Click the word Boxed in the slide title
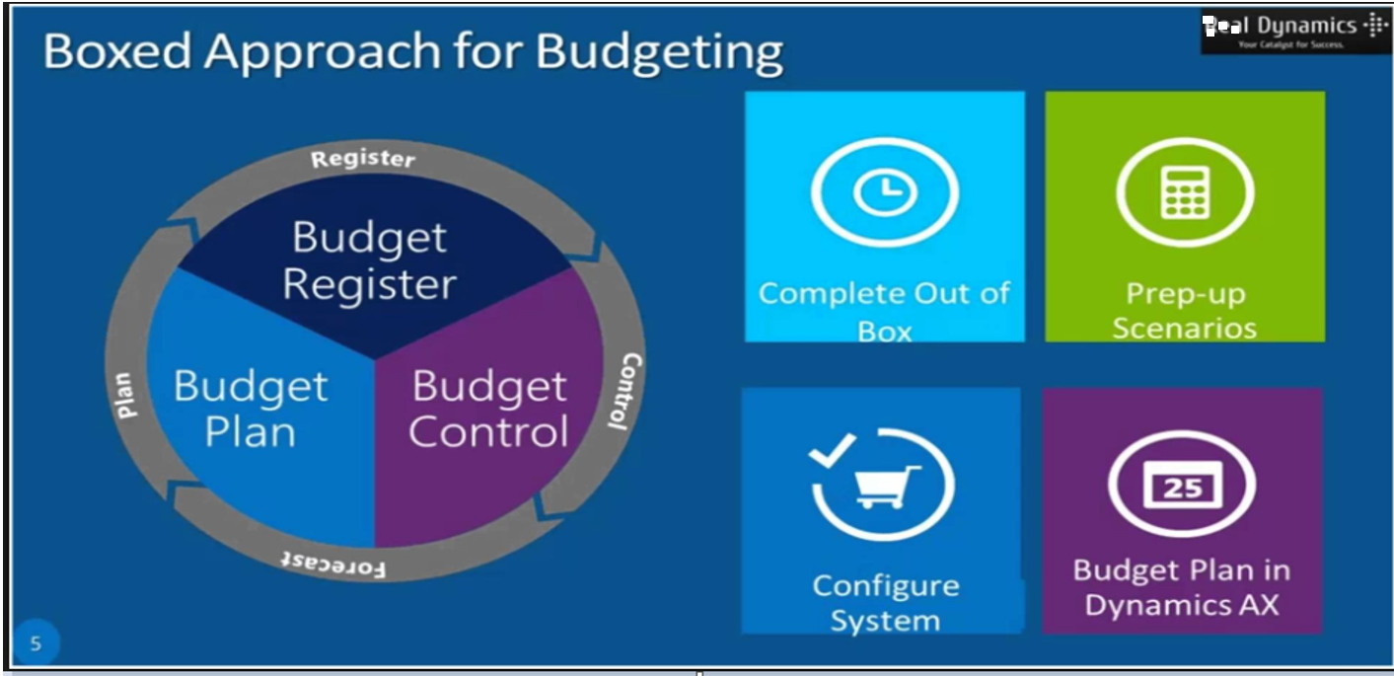[x=117, y=52]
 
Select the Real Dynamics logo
[x=1294, y=31]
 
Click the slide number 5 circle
[x=37, y=644]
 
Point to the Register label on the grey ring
[x=363, y=158]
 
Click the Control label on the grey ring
[x=624, y=391]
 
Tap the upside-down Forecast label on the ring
[x=333, y=563]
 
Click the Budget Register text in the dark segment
[x=369, y=261]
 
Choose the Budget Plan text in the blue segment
[x=250, y=409]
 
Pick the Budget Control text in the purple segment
[x=489, y=409]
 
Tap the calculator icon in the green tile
[x=1185, y=191]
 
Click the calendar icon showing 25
[x=1182, y=486]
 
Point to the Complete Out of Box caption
[x=885, y=311]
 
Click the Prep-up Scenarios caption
[x=1185, y=311]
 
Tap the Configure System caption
[x=885, y=603]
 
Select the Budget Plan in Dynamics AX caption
[x=1182, y=587]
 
